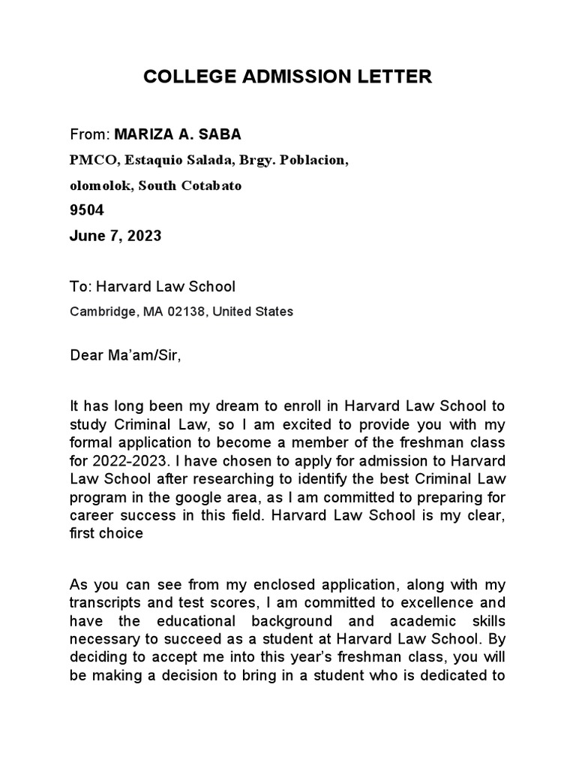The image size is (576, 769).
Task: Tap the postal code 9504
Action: click(87, 210)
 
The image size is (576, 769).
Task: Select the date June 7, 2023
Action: click(115, 236)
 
